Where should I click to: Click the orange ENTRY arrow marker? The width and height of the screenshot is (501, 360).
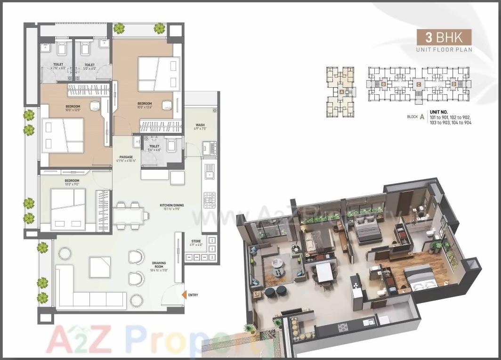184,295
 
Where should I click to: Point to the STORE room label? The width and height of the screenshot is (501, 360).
196,241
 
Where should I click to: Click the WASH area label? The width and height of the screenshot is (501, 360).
200,125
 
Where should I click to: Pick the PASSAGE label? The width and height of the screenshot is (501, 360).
126,157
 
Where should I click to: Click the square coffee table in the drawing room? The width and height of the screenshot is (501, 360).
100,267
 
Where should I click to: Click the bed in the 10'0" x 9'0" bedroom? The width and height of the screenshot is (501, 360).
68,207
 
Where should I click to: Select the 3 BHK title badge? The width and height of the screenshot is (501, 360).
444,37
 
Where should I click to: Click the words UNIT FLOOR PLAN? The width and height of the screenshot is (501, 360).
444,49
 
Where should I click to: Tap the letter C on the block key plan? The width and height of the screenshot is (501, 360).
418,85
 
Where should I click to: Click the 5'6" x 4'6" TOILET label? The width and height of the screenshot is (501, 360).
154,147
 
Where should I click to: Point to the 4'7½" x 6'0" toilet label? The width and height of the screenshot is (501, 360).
58,66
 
